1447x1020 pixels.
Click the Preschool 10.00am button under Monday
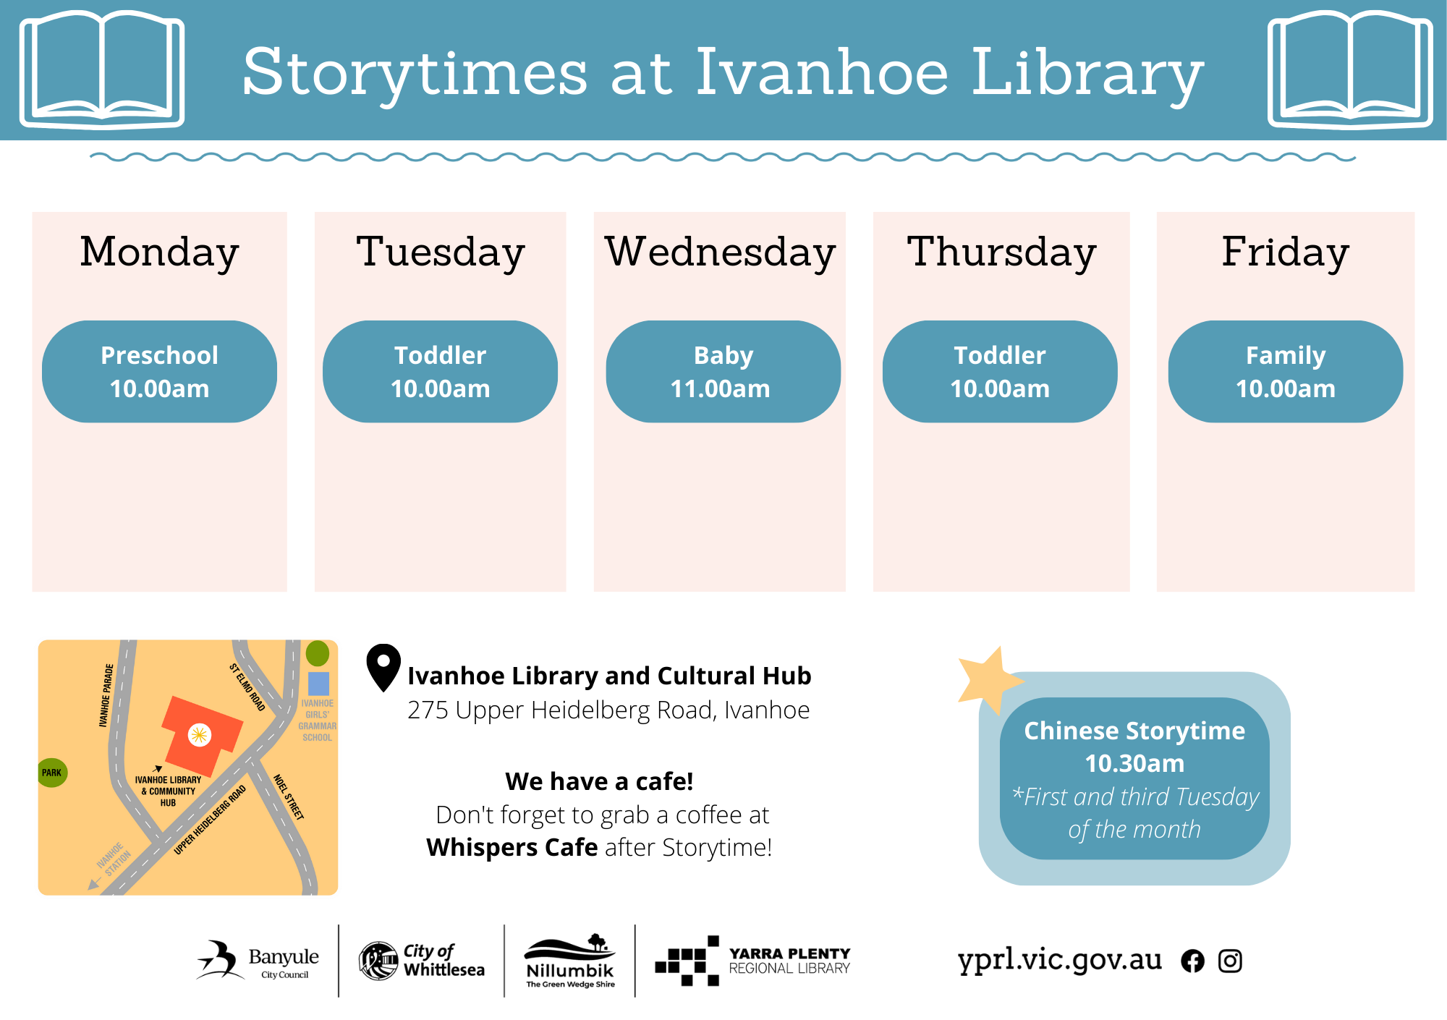pyautogui.click(x=159, y=372)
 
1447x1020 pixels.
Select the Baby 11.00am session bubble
pyautogui.click(x=723, y=372)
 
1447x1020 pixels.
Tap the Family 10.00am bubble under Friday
pyautogui.click(x=1286, y=372)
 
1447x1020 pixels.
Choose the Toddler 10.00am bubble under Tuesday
pyautogui.click(x=440, y=372)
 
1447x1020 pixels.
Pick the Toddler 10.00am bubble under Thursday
pyautogui.click(x=1000, y=372)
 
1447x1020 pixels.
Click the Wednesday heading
pyautogui.click(x=721, y=252)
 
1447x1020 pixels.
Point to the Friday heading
pyautogui.click(x=1286, y=252)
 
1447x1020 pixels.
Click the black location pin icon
pyautogui.click(x=383, y=667)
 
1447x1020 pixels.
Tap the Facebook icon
pyautogui.click(x=1193, y=961)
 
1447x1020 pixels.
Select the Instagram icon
pyautogui.click(x=1230, y=961)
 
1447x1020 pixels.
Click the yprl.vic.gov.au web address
pyautogui.click(x=1060, y=961)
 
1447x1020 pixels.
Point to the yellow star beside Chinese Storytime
pyautogui.click(x=988, y=679)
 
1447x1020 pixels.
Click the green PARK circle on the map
pyautogui.click(x=52, y=773)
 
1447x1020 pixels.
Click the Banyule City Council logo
pyautogui.click(x=258, y=961)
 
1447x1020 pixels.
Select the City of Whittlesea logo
pyautogui.click(x=422, y=961)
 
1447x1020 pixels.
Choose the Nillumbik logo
pyautogui.click(x=570, y=961)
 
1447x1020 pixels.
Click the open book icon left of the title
pyautogui.click(x=102, y=69)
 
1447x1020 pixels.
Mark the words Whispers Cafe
pyautogui.click(x=512, y=847)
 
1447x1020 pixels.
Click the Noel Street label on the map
pyautogui.click(x=289, y=796)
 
